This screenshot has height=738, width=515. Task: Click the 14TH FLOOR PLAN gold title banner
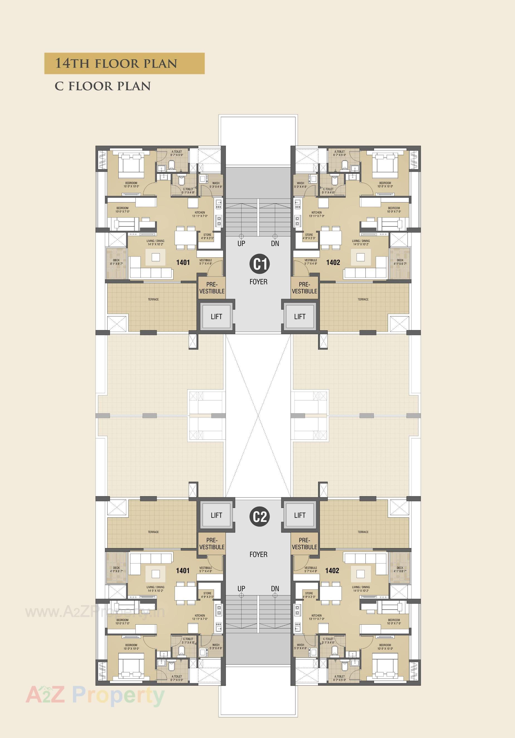tap(124, 63)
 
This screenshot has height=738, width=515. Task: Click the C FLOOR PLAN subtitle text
tap(102, 86)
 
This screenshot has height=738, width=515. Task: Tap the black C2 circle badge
tap(259, 517)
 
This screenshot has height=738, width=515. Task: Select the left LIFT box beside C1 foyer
tap(216, 317)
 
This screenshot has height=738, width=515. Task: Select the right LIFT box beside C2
tap(300, 515)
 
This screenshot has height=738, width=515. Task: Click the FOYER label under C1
tap(258, 282)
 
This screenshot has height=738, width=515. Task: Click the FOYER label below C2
tap(258, 554)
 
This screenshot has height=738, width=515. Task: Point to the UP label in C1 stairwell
tap(241, 244)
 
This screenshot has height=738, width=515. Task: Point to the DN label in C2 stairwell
tap(275, 588)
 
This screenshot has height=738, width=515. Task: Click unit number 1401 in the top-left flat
tap(183, 263)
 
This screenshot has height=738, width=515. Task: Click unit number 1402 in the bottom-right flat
tap(332, 571)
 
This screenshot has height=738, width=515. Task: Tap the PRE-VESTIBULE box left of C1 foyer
tap(212, 288)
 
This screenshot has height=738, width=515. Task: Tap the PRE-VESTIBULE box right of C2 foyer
tap(304, 544)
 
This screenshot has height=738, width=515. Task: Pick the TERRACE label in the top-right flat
tap(363, 299)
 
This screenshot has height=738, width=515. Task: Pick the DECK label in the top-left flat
tap(116, 260)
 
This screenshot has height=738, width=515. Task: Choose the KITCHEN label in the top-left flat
tap(200, 212)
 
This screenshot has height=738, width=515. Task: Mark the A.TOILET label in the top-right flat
tap(340, 151)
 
